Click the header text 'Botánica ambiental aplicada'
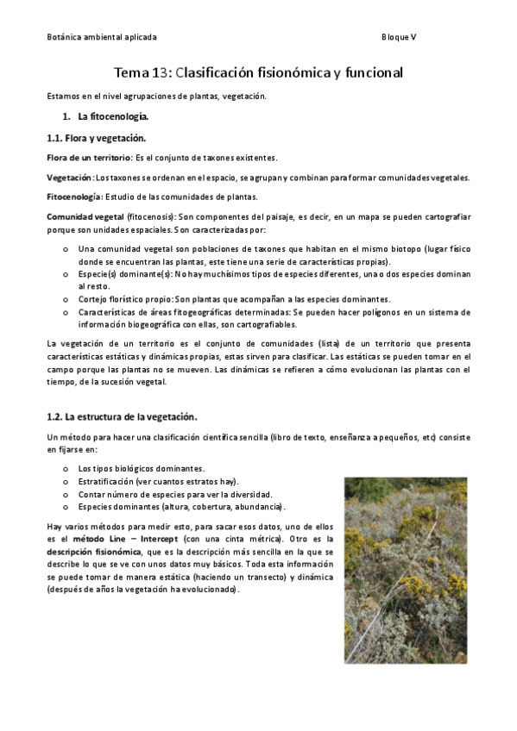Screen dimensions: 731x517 (x=101, y=38)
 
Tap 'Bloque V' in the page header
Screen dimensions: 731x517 (x=399, y=38)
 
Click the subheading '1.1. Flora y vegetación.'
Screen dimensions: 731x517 (x=96, y=138)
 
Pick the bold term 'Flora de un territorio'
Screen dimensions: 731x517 (x=88, y=158)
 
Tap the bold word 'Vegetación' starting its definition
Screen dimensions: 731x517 (x=69, y=178)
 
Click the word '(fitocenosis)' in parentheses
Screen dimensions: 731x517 (x=153, y=216)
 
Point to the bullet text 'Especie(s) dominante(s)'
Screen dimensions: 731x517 (x=125, y=274)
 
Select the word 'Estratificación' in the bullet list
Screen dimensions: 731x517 (x=107, y=481)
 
